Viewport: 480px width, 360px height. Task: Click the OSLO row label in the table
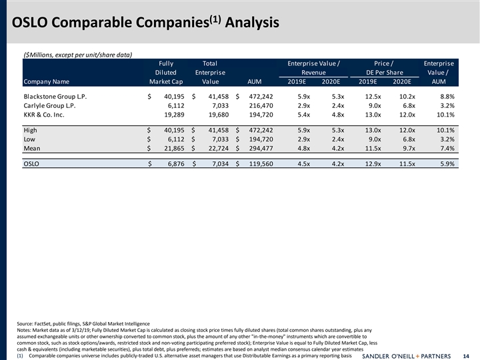31,163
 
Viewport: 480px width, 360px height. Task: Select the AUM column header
254,82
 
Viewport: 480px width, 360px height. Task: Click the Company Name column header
46,82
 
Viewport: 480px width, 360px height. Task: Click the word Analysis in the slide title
252,24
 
